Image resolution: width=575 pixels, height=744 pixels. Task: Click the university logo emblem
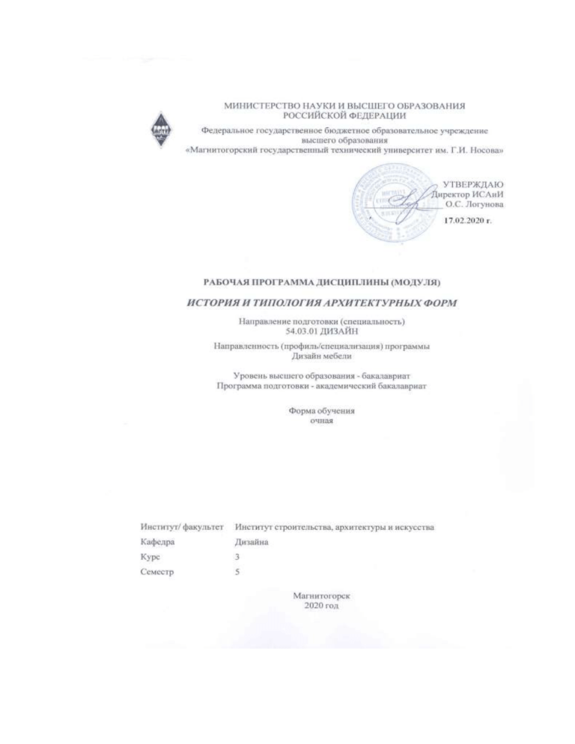coord(161,129)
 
